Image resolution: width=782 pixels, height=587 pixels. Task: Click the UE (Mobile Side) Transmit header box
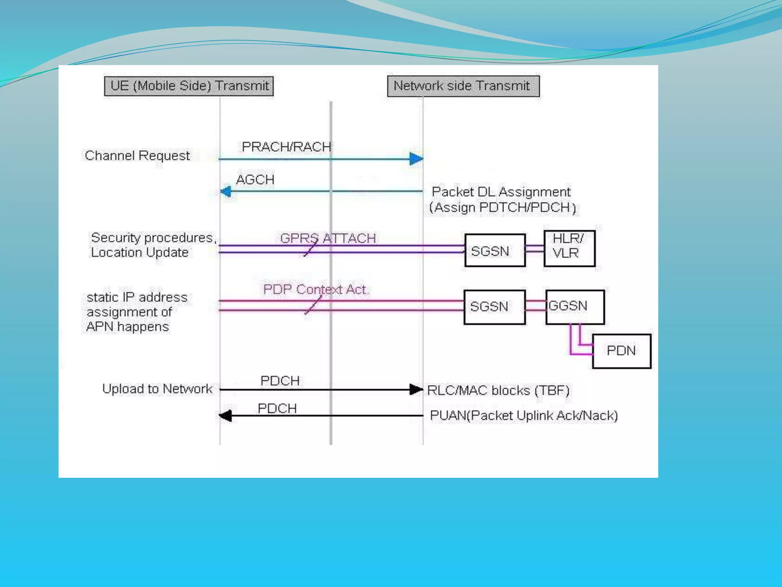pos(189,86)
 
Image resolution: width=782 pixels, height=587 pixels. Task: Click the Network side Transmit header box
pos(463,86)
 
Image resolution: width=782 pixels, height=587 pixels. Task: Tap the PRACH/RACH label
pos(286,147)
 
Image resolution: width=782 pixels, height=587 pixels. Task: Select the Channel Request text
pos(137,156)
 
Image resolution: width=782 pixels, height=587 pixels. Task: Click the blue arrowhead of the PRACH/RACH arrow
pos(416,159)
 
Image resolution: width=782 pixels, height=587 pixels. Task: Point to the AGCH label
pos(255,180)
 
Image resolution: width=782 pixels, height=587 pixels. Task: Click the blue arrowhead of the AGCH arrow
pos(226,191)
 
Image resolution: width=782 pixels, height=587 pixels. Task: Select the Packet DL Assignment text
pos(501,192)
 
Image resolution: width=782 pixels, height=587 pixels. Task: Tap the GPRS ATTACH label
pos(328,238)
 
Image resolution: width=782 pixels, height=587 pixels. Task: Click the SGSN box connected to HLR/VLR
pos(494,251)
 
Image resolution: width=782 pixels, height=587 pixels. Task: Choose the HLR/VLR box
pos(569,248)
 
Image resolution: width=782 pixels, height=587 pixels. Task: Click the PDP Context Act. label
pos(316,289)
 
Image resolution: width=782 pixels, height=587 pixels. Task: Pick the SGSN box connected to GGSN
pos(494,307)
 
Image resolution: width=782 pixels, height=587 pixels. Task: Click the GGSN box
pos(575,307)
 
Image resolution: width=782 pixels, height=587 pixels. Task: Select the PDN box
pos(621,351)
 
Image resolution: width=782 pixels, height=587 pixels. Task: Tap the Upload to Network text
pos(157,389)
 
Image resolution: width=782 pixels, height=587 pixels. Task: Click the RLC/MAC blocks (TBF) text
pos(498,390)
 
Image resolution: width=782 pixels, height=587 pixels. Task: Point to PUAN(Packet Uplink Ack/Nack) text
pos(523,415)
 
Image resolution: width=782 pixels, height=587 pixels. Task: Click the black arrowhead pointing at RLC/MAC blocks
pos(416,389)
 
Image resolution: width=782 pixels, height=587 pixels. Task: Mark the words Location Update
pos(140,253)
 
